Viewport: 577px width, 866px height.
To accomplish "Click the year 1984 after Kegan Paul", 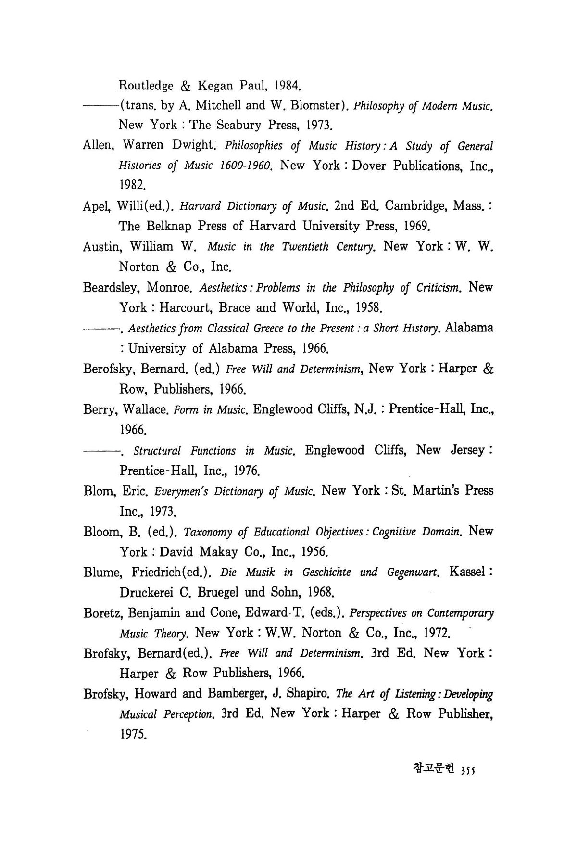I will tap(287, 86).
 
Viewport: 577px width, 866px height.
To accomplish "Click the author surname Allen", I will tap(99, 145).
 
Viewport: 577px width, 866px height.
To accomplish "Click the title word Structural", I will tap(157, 450).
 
